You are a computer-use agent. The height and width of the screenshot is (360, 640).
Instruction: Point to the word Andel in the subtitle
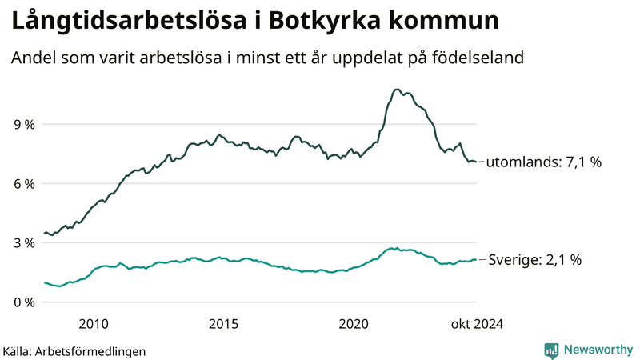[x=33, y=58]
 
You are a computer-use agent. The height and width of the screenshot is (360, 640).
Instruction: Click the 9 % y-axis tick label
[x=23, y=124]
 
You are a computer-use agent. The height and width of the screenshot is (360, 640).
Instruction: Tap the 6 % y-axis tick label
[x=23, y=183]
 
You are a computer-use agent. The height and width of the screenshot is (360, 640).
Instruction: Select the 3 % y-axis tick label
[x=23, y=242]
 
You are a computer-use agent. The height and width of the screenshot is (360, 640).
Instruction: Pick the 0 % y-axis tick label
[x=23, y=302]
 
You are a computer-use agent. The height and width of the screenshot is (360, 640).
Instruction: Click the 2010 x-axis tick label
[x=94, y=323]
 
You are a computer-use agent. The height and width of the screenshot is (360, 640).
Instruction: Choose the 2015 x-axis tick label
[x=223, y=323]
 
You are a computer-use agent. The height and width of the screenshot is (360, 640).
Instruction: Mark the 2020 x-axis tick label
[x=354, y=323]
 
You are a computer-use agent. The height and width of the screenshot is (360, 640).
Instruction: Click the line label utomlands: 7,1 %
[x=544, y=162]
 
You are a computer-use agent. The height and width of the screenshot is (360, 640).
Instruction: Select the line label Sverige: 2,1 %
[x=534, y=260]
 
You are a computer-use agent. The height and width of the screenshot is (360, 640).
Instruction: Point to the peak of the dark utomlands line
[x=397, y=90]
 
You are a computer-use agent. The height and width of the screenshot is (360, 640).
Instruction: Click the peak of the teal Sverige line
[x=392, y=249]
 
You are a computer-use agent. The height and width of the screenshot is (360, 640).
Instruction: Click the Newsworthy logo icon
[x=551, y=350]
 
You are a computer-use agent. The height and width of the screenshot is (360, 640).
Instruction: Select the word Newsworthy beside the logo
[x=596, y=350]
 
